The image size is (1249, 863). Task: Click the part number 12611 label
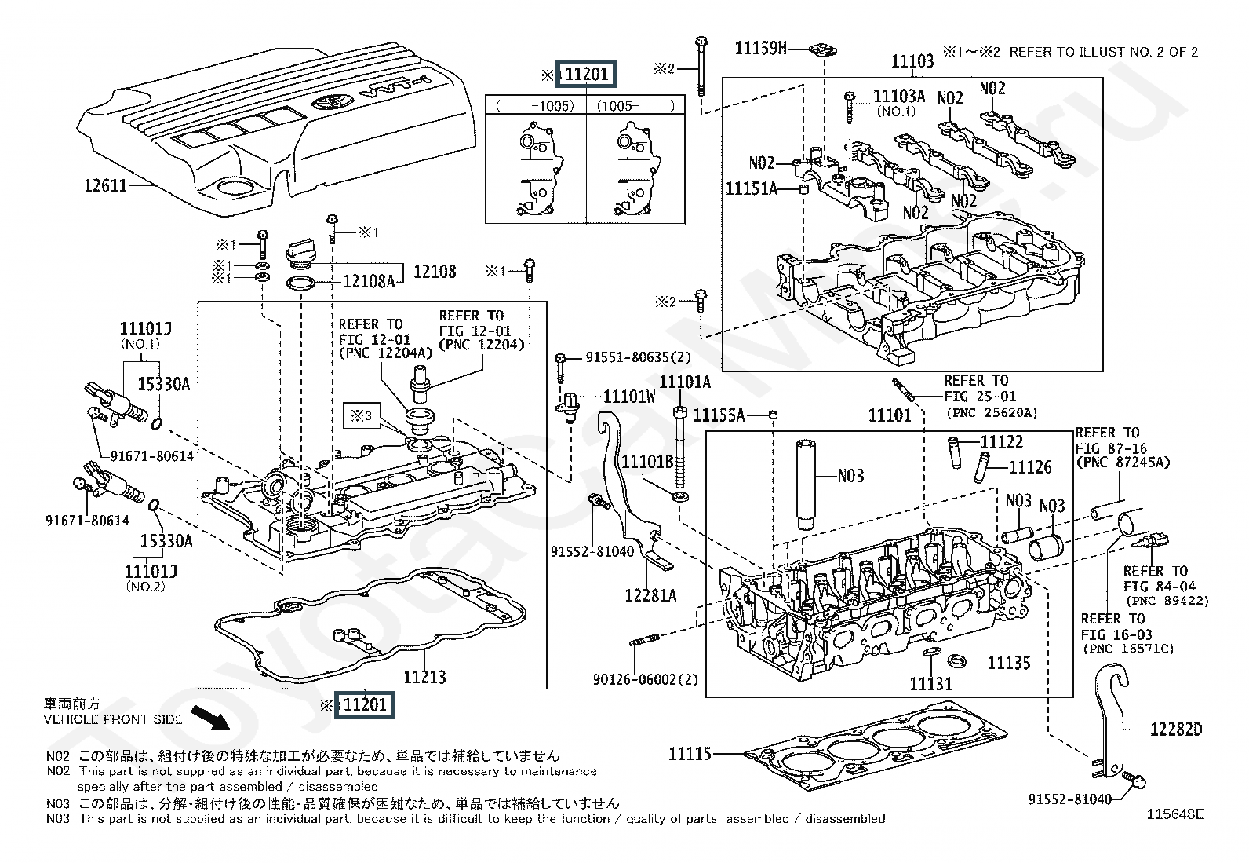pos(105,186)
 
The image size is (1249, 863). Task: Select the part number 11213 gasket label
pos(424,677)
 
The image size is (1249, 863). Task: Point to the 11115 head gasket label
pos(690,754)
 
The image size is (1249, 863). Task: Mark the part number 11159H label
pos(759,48)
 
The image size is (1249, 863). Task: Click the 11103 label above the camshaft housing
pos(912,61)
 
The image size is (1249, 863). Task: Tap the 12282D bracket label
pos(1175,730)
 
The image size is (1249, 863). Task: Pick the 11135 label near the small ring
pos(1009,664)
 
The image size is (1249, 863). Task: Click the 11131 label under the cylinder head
pos(930,685)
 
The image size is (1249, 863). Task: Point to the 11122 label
pos(1002,442)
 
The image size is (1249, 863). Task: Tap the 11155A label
pos(719,415)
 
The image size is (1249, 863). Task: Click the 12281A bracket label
pos(650,595)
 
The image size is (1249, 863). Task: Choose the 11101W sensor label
pos(629,397)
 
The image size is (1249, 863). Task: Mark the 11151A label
pos(751,188)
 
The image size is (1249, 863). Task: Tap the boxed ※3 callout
pos(361,415)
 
